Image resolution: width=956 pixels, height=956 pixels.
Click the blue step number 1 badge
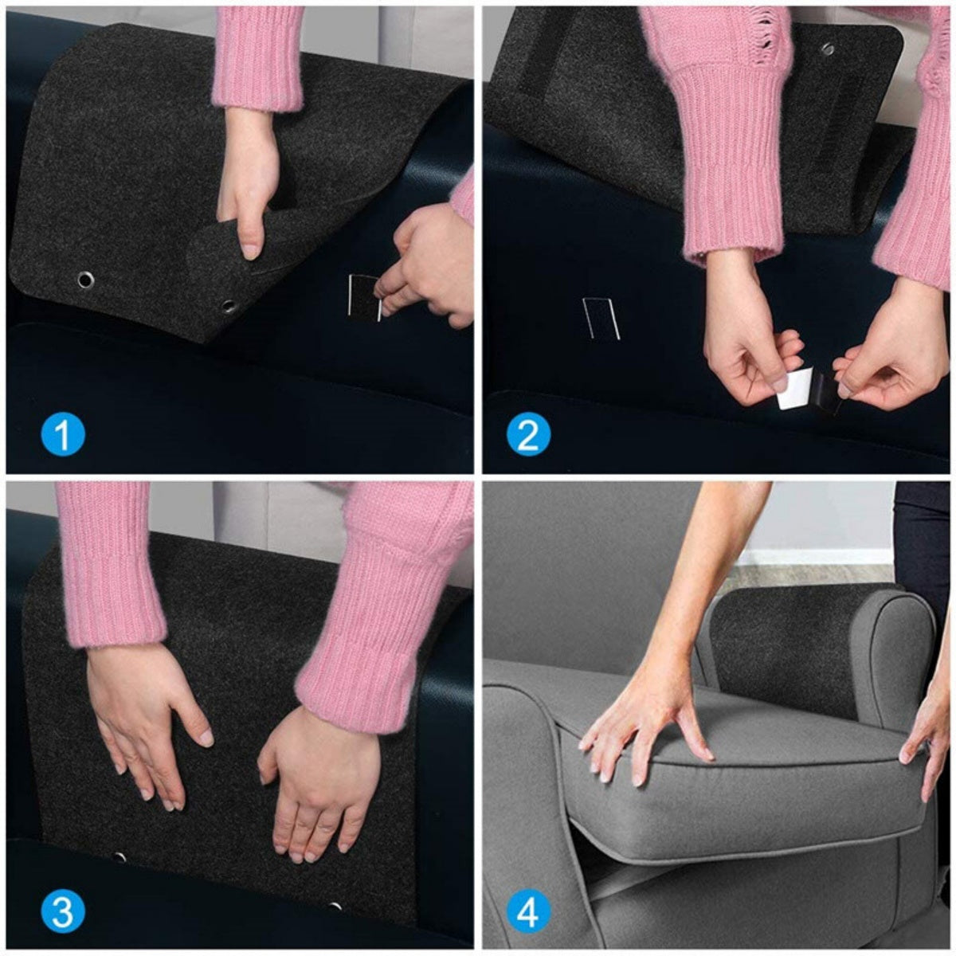[62, 436]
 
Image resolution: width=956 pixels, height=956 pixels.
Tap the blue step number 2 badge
[528, 436]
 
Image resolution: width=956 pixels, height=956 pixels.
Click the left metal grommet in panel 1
[84, 279]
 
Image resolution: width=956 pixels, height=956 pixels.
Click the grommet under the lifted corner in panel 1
[229, 305]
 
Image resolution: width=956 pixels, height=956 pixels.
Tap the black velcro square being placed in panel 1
[366, 298]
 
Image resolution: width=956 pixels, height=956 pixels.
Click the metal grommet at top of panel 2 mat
[829, 49]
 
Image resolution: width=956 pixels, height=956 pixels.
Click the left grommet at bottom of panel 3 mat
[119, 857]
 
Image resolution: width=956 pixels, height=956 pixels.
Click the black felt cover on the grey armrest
[781, 649]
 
